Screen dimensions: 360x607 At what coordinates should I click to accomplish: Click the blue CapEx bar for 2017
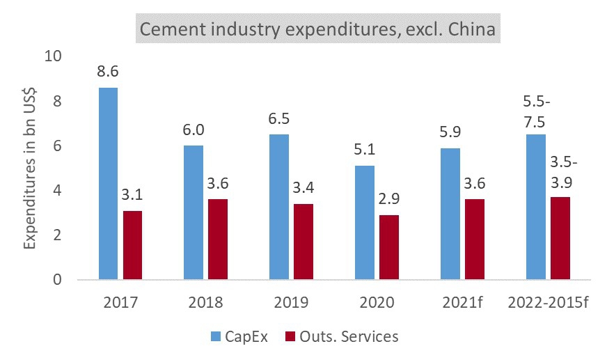coord(108,184)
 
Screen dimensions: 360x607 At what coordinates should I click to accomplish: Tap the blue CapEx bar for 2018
coord(194,212)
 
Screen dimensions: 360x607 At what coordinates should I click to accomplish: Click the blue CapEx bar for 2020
coord(365,223)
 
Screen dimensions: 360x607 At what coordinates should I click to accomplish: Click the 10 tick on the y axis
coord(54,56)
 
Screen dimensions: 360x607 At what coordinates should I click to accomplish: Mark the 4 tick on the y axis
coord(58,191)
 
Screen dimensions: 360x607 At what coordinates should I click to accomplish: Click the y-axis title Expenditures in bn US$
coord(30,169)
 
